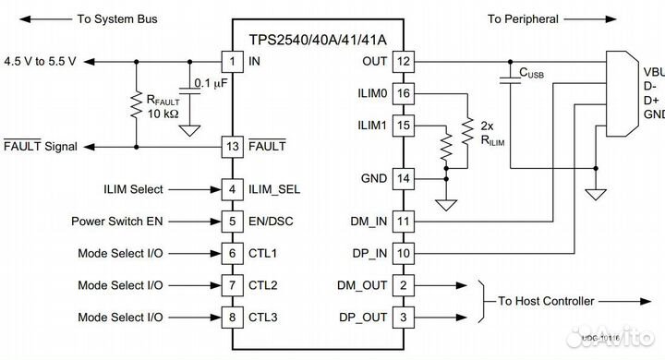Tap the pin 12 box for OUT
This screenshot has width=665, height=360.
pos(403,61)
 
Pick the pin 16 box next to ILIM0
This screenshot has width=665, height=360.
pos(403,93)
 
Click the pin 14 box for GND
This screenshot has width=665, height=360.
pos(403,178)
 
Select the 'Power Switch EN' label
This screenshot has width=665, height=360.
pos(117,222)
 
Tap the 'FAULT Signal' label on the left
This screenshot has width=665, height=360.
pos(41,147)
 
